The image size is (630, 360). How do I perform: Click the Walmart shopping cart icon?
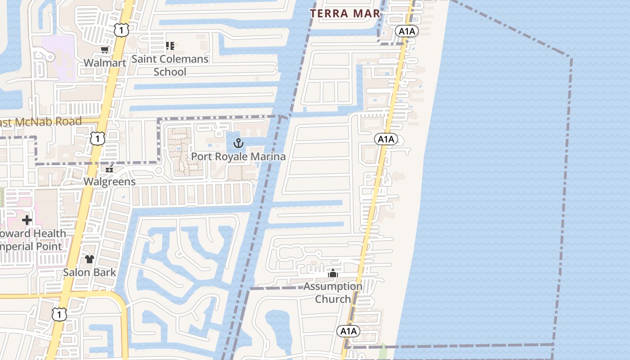pos(104,49)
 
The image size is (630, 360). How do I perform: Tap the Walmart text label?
pos(105,63)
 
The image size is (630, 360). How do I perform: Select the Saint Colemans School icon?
pos(170,45)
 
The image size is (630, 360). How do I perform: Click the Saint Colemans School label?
pos(170,65)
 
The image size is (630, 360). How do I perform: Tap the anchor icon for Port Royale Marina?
pos(238,143)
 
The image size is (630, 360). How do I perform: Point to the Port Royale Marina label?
pos(238,157)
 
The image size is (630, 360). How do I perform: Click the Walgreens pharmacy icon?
pos(109,169)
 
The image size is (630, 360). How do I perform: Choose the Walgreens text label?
pos(109,182)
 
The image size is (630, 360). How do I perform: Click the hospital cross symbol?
pos(27,220)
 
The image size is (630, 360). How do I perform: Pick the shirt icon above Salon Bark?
pos(90,259)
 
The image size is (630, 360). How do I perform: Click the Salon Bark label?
pos(90,272)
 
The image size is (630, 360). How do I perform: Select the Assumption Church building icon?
pos(333,273)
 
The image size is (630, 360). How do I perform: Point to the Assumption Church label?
pos(333,292)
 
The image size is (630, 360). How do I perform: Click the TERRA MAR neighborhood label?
pos(345,13)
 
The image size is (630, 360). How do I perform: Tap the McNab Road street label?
pos(40,121)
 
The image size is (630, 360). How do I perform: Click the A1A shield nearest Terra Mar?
pos(407,31)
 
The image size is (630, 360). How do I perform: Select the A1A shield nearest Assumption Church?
pos(348,332)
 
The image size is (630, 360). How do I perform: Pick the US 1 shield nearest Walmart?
pos(121,30)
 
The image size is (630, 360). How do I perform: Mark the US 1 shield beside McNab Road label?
pos(98,139)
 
